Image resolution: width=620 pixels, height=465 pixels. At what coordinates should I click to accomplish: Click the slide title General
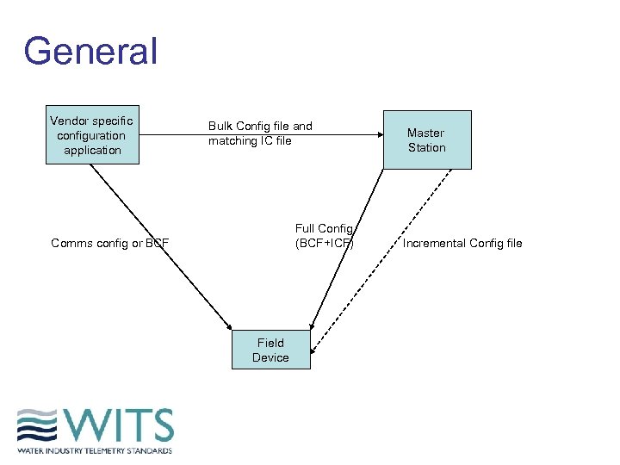click(x=90, y=52)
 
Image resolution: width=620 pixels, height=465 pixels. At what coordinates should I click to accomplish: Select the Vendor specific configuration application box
click(x=92, y=135)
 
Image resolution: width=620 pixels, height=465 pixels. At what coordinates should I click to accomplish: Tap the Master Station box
click(x=426, y=139)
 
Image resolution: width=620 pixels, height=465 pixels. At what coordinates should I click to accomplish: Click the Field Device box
click(x=270, y=350)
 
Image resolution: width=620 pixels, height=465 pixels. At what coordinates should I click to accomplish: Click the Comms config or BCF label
click(x=109, y=243)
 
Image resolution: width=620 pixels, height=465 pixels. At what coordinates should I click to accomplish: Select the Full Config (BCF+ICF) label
click(x=325, y=235)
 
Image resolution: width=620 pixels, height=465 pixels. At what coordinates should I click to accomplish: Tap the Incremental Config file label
click(x=462, y=243)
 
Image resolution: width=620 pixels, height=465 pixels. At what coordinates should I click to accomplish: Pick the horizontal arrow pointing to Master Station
click(x=344, y=133)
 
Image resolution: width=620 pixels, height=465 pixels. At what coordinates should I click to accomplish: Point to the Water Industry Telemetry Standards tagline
click(x=95, y=450)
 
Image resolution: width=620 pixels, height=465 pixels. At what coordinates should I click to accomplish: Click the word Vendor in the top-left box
click(x=68, y=121)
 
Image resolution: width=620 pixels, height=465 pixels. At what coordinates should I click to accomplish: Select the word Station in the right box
click(x=427, y=147)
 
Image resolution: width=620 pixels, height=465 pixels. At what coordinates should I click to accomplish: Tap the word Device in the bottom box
click(x=270, y=357)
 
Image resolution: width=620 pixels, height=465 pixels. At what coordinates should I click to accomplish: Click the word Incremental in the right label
click(x=434, y=243)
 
